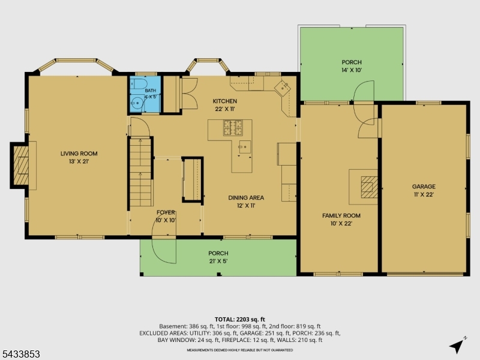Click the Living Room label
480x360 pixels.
coord(79,154)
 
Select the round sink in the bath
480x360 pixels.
coord(137,103)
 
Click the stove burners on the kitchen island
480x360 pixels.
coord(233,128)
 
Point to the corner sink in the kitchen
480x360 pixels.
coord(282,88)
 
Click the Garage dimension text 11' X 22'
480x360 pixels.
coord(424,194)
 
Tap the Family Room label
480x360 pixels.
coord(341,215)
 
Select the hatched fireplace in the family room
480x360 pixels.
coord(369,187)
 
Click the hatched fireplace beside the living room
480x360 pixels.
coord(21,166)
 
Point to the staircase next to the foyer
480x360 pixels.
coord(140,172)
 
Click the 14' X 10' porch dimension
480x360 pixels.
coord(352,70)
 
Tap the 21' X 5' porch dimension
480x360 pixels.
coord(218,261)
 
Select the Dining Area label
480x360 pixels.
coord(246,198)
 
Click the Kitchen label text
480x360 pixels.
coord(225,101)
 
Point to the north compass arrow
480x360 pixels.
coord(457,346)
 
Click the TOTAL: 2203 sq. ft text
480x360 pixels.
coord(239,320)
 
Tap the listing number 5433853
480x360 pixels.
coord(20,354)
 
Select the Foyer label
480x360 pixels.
coord(166,212)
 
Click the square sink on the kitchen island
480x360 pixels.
coord(245,147)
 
